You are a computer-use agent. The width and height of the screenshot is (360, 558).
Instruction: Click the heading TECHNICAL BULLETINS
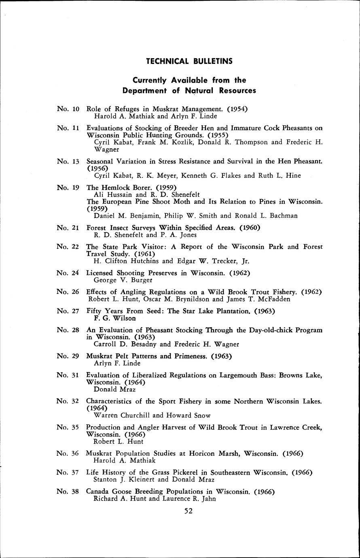coord(189,61)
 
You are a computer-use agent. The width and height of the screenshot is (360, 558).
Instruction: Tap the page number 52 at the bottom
coord(188,511)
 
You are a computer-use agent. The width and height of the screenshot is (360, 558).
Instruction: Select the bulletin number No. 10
coord(68,109)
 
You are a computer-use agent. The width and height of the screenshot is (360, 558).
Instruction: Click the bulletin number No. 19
coord(68,187)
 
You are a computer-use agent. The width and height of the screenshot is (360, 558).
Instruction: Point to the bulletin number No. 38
coord(68,492)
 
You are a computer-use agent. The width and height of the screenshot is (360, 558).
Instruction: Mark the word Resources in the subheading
coord(237,91)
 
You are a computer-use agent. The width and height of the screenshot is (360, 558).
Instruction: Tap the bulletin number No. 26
coord(68,292)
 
